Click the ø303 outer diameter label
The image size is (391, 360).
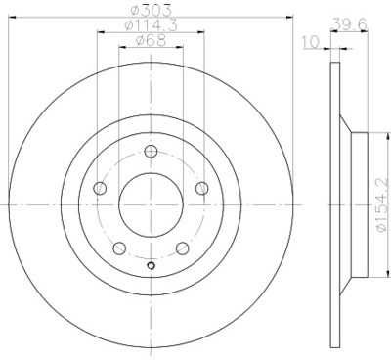150,11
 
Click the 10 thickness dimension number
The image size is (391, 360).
310,42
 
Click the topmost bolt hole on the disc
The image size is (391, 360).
150,151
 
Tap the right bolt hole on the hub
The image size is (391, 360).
201,189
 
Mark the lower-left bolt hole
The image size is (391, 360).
117,248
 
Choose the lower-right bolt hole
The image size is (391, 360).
182,248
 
